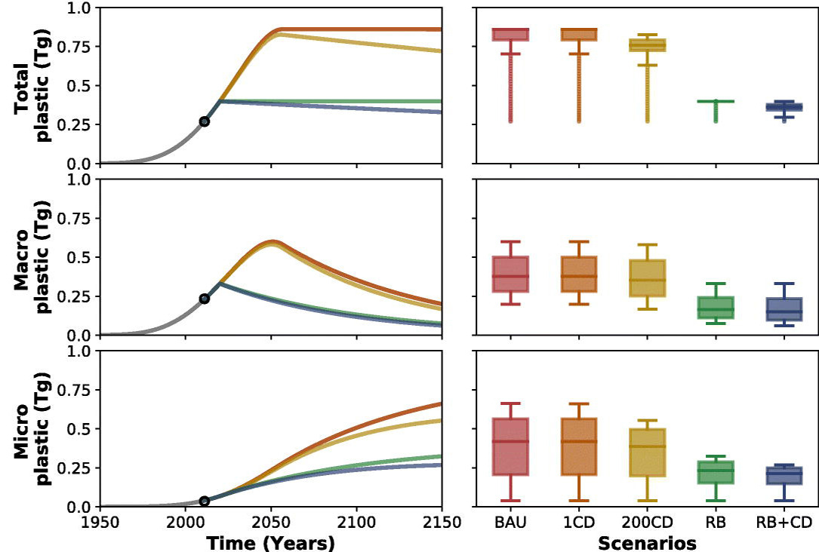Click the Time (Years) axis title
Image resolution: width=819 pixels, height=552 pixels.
(x=271, y=542)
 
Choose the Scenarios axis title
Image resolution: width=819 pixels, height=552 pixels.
(x=647, y=542)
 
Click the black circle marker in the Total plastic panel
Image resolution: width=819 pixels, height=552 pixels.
(x=204, y=121)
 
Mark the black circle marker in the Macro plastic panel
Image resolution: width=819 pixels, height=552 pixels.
(x=204, y=299)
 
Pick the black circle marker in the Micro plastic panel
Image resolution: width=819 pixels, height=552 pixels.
(x=204, y=501)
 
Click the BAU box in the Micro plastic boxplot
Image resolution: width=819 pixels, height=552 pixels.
(x=511, y=446)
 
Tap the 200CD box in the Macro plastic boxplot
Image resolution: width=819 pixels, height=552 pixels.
(x=648, y=278)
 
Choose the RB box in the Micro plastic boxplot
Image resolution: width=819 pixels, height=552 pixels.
(x=716, y=472)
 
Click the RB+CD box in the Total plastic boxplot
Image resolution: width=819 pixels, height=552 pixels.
(x=784, y=107)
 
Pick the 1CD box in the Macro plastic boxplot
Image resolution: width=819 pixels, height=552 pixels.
(x=579, y=274)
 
